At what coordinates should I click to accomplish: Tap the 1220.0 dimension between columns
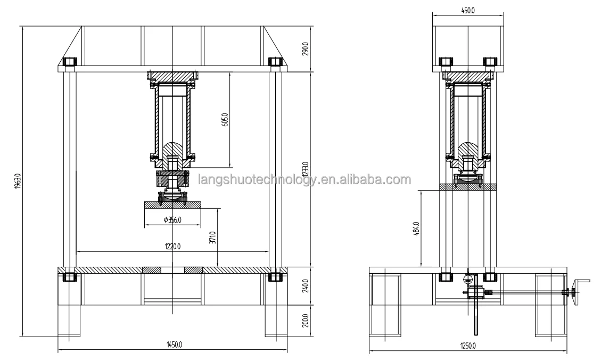pos(173,247)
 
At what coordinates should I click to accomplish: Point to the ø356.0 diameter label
pos(173,219)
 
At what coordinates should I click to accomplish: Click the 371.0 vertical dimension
pos(213,238)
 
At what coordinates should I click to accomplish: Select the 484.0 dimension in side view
pos(417,228)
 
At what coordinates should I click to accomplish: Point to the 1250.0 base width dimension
pos(467,346)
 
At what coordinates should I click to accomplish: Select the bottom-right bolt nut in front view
pos(275,277)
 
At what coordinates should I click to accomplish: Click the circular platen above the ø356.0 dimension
pos(173,204)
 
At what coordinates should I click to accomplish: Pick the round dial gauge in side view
pos(469,277)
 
